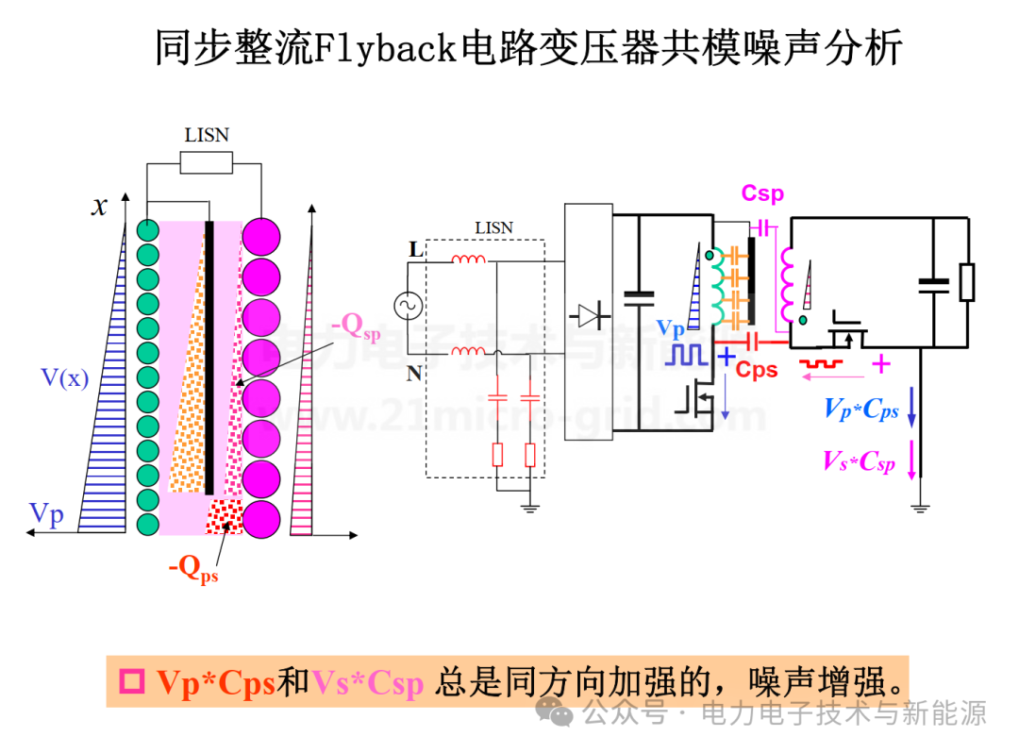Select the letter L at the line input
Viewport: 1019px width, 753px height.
415,250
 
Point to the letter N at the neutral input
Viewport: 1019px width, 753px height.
414,374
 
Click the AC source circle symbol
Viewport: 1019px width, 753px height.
411,306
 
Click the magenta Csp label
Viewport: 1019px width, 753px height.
762,193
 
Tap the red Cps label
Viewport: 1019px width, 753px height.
757,369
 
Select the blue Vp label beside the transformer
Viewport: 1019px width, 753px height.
671,328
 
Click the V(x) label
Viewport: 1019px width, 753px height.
65,378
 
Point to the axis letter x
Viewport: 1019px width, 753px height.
99,207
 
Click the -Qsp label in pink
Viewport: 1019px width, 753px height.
357,326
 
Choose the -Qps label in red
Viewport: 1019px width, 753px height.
193,568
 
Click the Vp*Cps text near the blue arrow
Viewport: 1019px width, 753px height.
860,409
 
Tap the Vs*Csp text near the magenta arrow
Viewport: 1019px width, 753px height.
858,461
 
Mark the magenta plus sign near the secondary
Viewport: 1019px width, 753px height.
880,363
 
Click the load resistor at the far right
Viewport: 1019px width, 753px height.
966,282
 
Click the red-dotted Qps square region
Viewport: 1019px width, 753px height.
225,515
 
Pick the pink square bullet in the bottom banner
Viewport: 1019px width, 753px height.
132,681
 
